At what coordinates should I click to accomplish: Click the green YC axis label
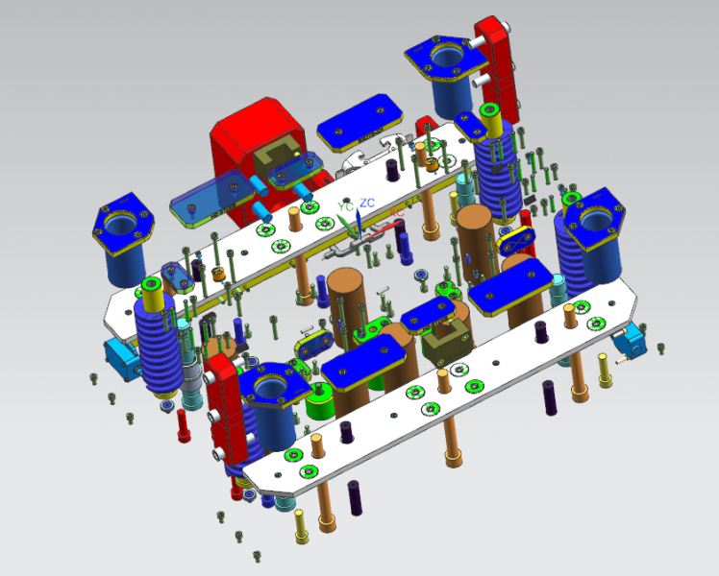coord(345,206)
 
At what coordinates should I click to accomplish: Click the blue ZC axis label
coord(367,203)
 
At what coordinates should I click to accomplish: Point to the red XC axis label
coord(396,212)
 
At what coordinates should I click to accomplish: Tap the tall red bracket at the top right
coord(497,69)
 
